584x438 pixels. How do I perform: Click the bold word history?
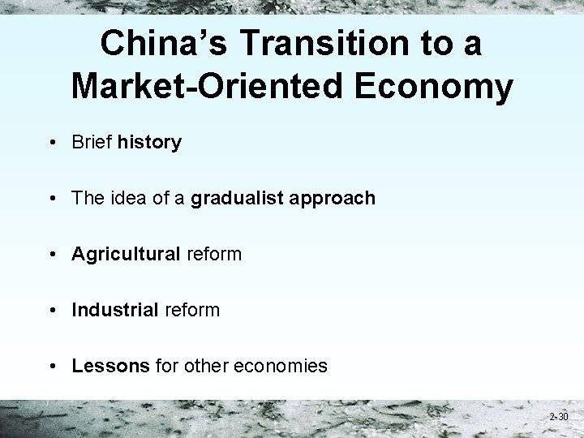149,143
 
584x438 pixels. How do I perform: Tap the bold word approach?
333,198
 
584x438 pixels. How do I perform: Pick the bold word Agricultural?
126,254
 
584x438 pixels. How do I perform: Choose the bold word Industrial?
114,310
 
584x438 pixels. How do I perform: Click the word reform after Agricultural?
214,254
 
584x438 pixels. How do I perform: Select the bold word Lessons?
110,366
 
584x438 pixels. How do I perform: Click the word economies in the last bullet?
280,366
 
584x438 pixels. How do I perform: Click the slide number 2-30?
558,417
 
